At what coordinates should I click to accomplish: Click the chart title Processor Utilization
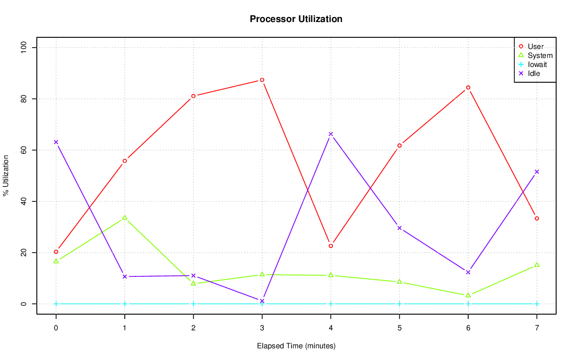(x=296, y=19)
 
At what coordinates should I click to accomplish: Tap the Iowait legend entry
(x=537, y=65)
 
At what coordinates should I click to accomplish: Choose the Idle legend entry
(x=534, y=74)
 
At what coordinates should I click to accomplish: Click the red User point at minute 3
(x=262, y=80)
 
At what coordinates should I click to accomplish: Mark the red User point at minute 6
(x=468, y=88)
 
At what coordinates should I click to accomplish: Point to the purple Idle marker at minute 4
(x=331, y=134)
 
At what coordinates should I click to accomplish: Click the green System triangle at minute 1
(x=124, y=218)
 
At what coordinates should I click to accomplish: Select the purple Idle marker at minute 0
(x=56, y=142)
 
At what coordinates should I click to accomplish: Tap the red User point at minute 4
(x=331, y=246)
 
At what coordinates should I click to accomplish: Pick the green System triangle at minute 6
(x=468, y=295)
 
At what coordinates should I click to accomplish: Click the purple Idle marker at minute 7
(x=537, y=172)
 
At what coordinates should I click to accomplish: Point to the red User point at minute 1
(x=124, y=161)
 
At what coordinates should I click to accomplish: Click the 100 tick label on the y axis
(x=23, y=48)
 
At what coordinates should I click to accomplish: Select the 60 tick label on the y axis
(x=23, y=150)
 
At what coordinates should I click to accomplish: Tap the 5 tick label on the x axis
(x=399, y=329)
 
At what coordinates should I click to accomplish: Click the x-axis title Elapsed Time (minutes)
(x=296, y=346)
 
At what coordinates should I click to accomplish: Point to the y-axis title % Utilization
(x=6, y=175)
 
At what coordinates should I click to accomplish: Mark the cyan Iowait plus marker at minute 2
(x=193, y=304)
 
